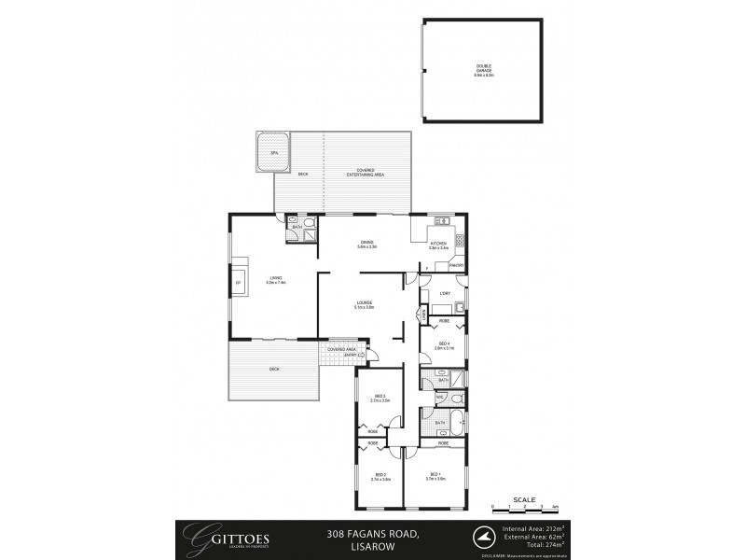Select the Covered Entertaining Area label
(x=366, y=173)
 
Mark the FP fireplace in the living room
(x=238, y=283)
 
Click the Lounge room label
(x=364, y=304)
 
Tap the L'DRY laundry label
(x=445, y=296)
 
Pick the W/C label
(x=438, y=399)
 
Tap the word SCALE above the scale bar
(x=525, y=499)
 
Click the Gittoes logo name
(x=217, y=537)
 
